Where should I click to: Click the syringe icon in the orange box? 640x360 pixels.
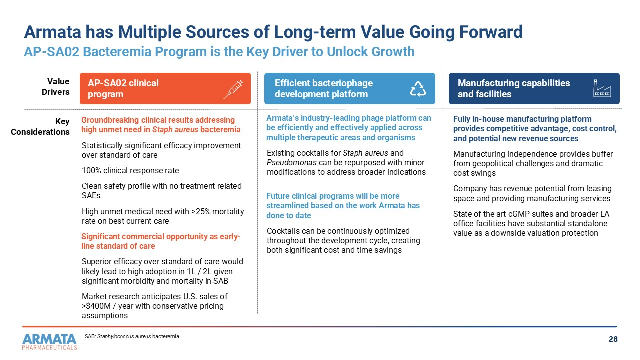[x=233, y=89]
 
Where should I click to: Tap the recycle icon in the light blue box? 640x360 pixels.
[x=418, y=89]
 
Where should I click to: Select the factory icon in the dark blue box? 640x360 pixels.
[x=602, y=88]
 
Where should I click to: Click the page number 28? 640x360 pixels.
[x=613, y=340]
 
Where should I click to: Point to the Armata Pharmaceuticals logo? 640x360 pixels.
[x=49, y=342]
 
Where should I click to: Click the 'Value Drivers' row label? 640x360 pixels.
[x=58, y=87]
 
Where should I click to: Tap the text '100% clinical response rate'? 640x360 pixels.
[x=130, y=171]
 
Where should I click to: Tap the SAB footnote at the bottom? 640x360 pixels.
[x=132, y=337]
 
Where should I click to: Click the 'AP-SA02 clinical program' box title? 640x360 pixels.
[x=123, y=89]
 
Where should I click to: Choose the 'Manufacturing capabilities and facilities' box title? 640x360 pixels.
[x=514, y=89]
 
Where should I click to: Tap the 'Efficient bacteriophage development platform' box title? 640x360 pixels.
[x=324, y=89]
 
